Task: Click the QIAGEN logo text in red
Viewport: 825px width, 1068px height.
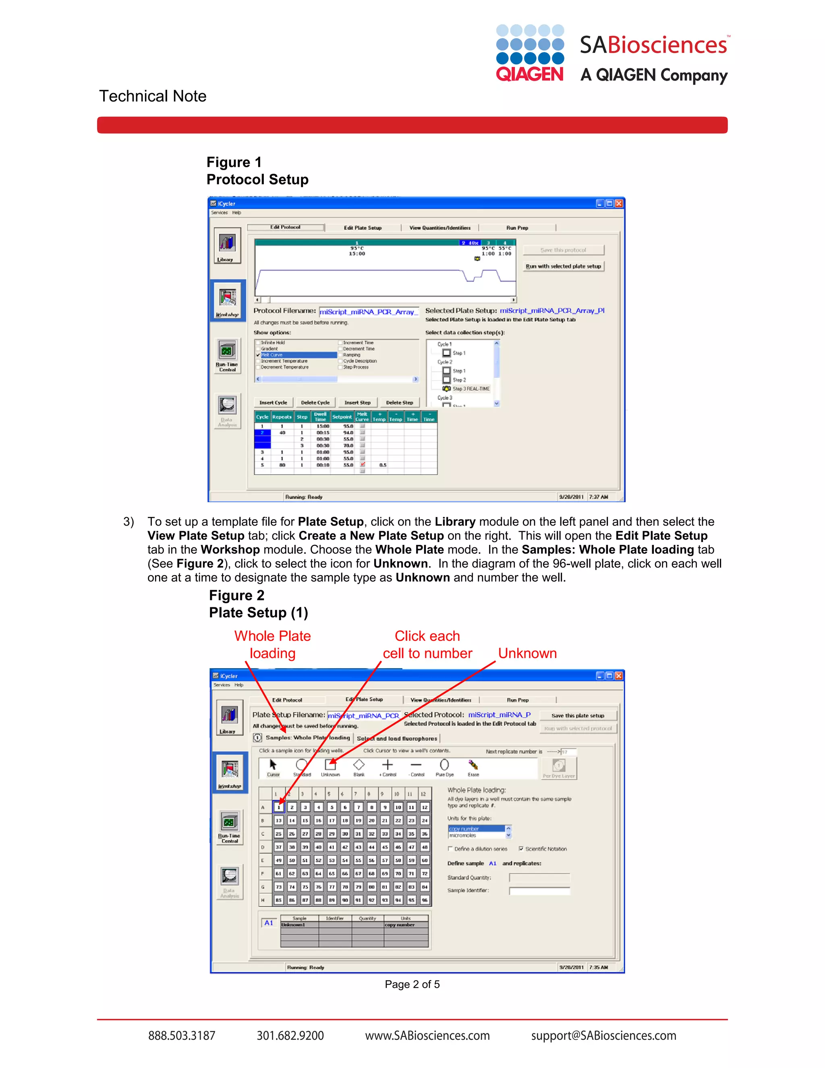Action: pos(529,75)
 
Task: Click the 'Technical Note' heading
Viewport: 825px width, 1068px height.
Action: pos(153,96)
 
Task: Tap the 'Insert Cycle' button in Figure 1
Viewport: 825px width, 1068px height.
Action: pos(273,403)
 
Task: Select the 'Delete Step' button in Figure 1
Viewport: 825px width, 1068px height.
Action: pos(399,403)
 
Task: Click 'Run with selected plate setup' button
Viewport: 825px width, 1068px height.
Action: pos(563,266)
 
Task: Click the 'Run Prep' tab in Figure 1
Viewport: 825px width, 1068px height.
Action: pos(517,228)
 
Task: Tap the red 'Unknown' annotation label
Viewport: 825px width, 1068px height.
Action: pos(527,653)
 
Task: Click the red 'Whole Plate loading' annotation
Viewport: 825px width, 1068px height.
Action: pos(272,644)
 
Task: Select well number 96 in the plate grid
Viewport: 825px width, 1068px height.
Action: pos(425,900)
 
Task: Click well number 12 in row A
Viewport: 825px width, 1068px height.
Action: pos(425,807)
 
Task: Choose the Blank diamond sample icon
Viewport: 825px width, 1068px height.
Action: pos(359,765)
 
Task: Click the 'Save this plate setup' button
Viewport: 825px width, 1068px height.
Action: pos(578,715)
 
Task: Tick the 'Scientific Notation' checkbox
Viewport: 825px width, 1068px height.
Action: pos(521,849)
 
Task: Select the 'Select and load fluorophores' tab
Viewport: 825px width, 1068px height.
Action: pos(397,738)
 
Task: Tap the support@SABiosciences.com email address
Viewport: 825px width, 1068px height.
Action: pos(603,1036)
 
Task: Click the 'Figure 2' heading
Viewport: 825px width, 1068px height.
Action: pos(236,596)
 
